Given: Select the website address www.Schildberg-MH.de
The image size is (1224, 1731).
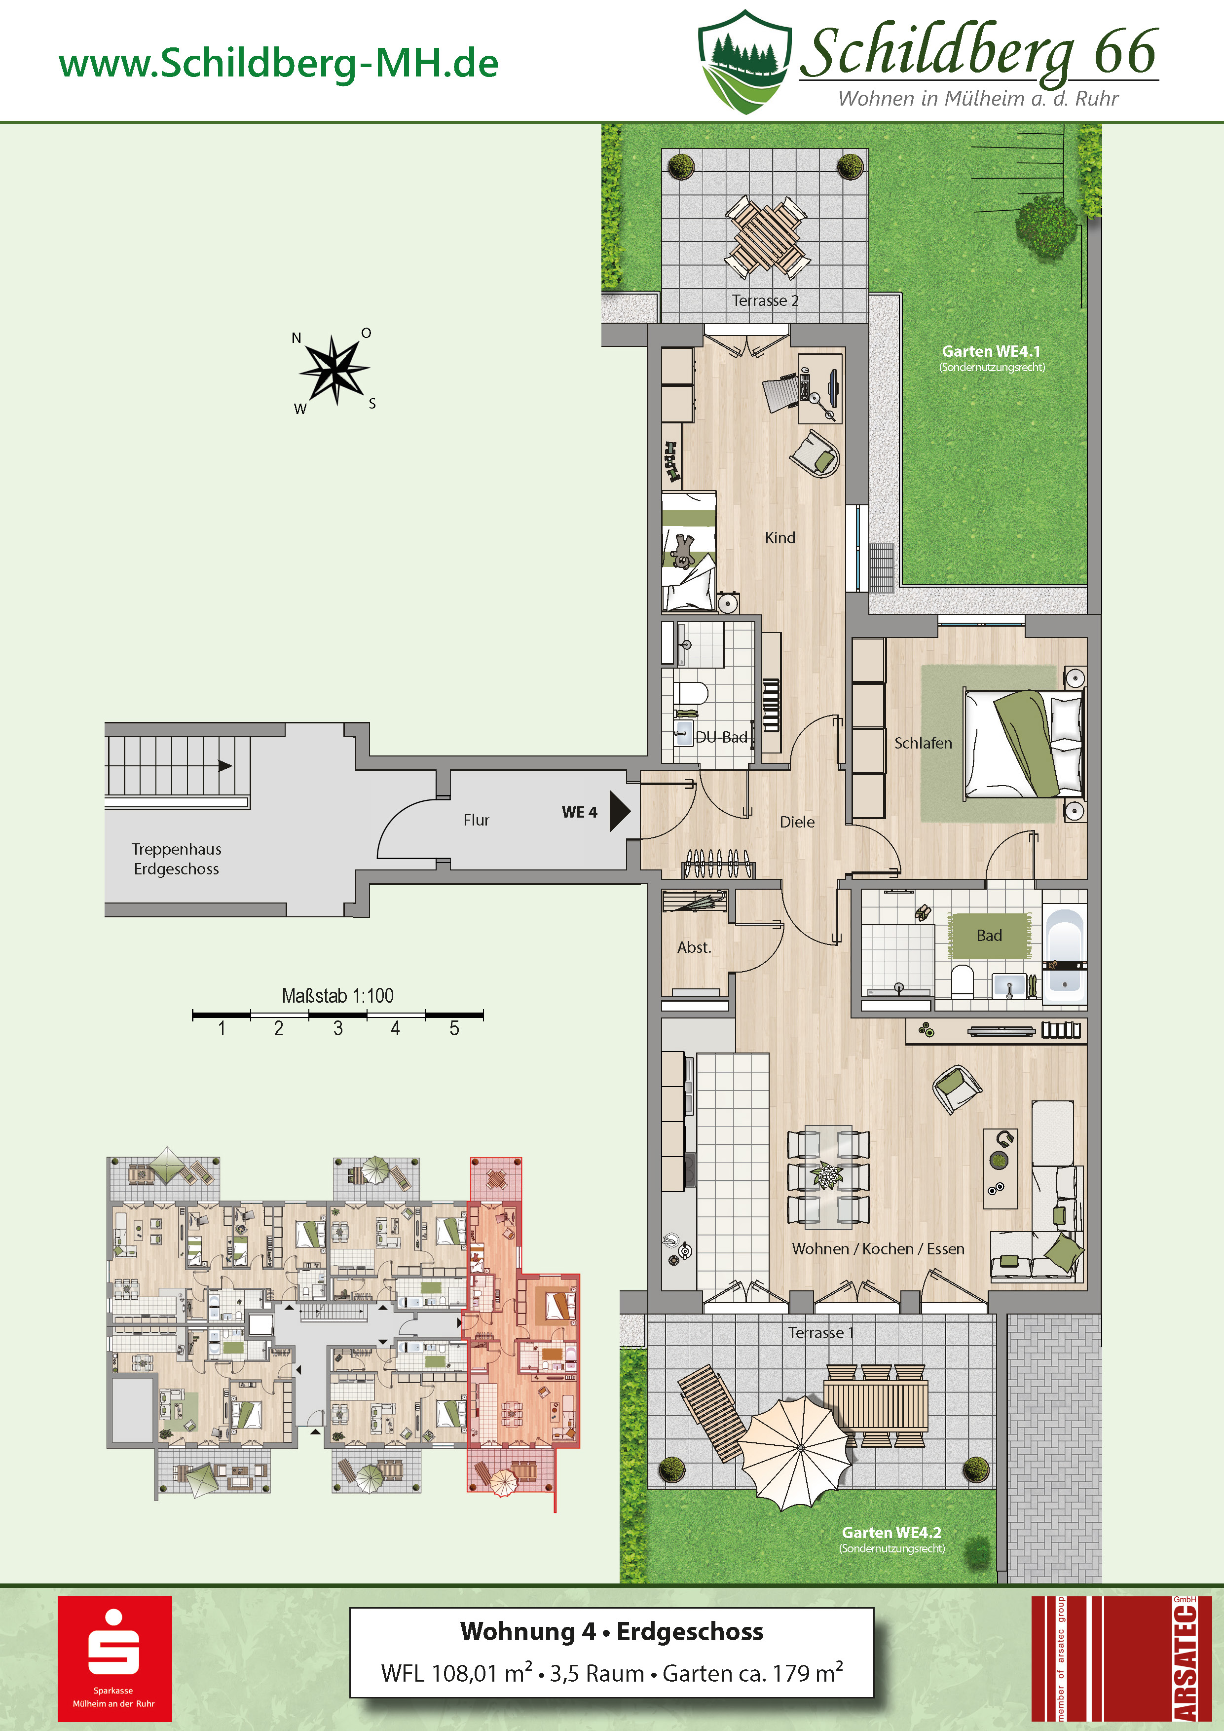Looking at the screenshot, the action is pos(279,63).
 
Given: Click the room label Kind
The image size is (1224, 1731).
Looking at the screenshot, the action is pos(779,537).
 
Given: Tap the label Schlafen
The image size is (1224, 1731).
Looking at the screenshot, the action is pos(923,743).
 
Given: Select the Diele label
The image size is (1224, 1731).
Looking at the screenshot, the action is pos(797,822).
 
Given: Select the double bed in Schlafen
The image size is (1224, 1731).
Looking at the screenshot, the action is pos(1024,743).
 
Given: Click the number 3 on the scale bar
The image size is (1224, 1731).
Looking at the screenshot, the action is pos(337,1028).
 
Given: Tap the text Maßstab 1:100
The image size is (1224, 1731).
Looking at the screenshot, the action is pos(337,995).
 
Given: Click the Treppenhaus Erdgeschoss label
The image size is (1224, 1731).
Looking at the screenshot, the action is pos(176,859).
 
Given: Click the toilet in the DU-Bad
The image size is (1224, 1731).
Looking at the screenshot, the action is pos(690,692).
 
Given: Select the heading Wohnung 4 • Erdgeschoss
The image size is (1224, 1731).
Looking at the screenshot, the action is pos(611,1631).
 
